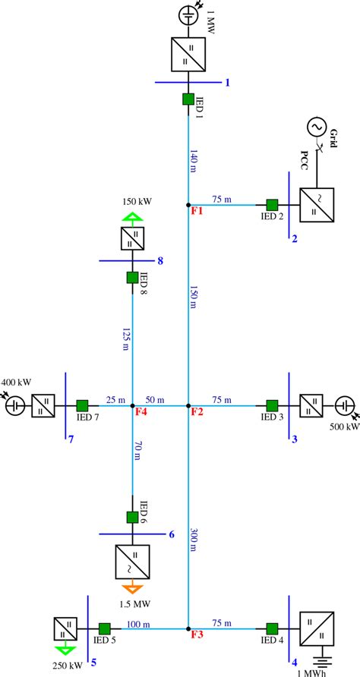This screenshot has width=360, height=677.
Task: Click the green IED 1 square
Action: tap(188, 99)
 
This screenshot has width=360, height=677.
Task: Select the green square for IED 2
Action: tap(271, 205)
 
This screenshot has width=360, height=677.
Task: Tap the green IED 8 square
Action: tap(132, 278)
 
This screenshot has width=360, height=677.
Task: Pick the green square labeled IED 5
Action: tap(104, 628)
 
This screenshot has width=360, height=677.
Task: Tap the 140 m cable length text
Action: tap(195, 161)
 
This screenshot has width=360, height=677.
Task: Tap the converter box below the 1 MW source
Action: tap(188, 55)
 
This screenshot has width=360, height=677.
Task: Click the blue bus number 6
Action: tap(172, 535)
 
